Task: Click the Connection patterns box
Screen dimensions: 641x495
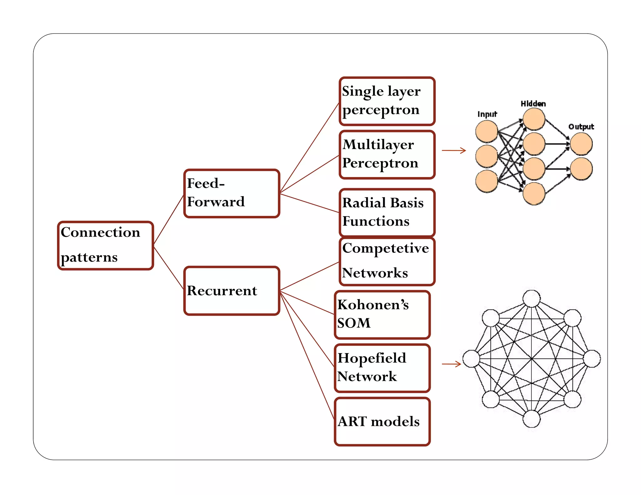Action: pyautogui.click(x=105, y=245)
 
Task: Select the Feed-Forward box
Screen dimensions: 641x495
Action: pyautogui.click(x=232, y=193)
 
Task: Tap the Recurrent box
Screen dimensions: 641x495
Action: pyautogui.click(x=232, y=291)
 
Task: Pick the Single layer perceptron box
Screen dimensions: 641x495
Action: pyautogui.click(x=387, y=101)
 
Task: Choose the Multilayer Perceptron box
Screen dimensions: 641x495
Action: pyautogui.click(x=387, y=155)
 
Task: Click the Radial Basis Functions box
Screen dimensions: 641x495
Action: pyautogui.click(x=387, y=212)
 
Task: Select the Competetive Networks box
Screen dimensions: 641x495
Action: pyautogui.click(x=387, y=262)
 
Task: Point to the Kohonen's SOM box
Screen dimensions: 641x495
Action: pyautogui.click(x=382, y=315)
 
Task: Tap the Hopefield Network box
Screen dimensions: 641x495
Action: pyautogui.click(x=382, y=368)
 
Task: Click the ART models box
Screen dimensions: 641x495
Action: pyautogui.click(x=382, y=422)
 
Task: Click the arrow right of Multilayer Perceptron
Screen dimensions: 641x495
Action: pyautogui.click(x=454, y=151)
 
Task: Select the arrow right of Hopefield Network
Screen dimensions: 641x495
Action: pyautogui.click(x=452, y=364)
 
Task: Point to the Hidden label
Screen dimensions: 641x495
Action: pyautogui.click(x=533, y=104)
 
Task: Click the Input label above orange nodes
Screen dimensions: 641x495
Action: pyautogui.click(x=487, y=114)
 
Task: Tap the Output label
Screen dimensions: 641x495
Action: pyautogui.click(x=581, y=126)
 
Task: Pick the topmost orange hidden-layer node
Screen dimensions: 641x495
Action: pyautogui.click(x=534, y=119)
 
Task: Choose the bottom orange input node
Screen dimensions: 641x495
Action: pyautogui.click(x=487, y=181)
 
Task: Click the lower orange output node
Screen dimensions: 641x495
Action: pyautogui.click(x=581, y=169)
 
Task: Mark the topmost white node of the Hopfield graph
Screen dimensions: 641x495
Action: pyautogui.click(x=532, y=299)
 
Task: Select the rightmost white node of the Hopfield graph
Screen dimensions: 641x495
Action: pyautogui.click(x=592, y=359)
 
